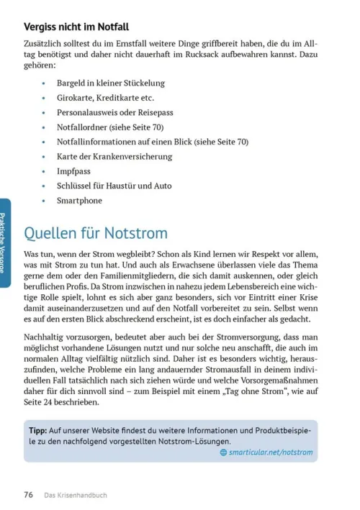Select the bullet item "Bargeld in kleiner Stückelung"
(x=111, y=83)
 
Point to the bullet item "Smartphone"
(x=80, y=201)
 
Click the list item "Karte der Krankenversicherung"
(x=114, y=156)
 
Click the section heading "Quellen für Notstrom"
(x=96, y=233)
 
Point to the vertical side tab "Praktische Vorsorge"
(x=5, y=243)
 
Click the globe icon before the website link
(x=223, y=452)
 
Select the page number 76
(x=29, y=494)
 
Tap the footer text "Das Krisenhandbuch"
(x=76, y=495)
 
